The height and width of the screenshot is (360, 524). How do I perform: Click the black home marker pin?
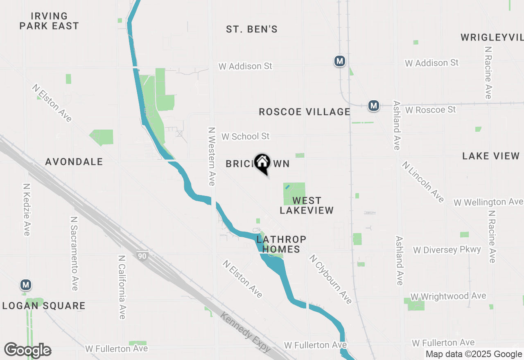(262, 163)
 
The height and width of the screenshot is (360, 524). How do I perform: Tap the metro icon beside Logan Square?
(26, 284)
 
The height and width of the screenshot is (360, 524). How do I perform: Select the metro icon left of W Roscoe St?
(373, 106)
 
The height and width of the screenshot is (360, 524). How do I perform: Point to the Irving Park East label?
(49, 21)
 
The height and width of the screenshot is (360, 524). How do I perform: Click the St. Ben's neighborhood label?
(252, 29)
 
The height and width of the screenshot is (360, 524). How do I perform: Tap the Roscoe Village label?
(305, 112)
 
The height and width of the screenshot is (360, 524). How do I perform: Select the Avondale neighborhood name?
(74, 162)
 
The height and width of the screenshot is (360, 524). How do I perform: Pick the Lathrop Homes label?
(281, 244)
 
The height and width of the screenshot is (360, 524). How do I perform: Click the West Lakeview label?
(307, 205)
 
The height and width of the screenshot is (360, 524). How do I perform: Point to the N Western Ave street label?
(211, 156)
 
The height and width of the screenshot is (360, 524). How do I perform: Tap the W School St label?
(246, 136)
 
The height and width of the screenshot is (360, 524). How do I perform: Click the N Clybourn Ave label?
(330, 279)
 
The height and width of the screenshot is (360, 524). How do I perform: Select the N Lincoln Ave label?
(423, 182)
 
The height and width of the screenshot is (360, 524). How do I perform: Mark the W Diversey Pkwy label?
(447, 250)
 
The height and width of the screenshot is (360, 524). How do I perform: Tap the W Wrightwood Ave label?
(448, 296)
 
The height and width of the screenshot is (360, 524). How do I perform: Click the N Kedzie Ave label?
(27, 209)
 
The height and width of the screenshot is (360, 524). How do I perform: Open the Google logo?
(27, 351)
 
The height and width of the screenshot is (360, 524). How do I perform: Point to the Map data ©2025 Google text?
(474, 354)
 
